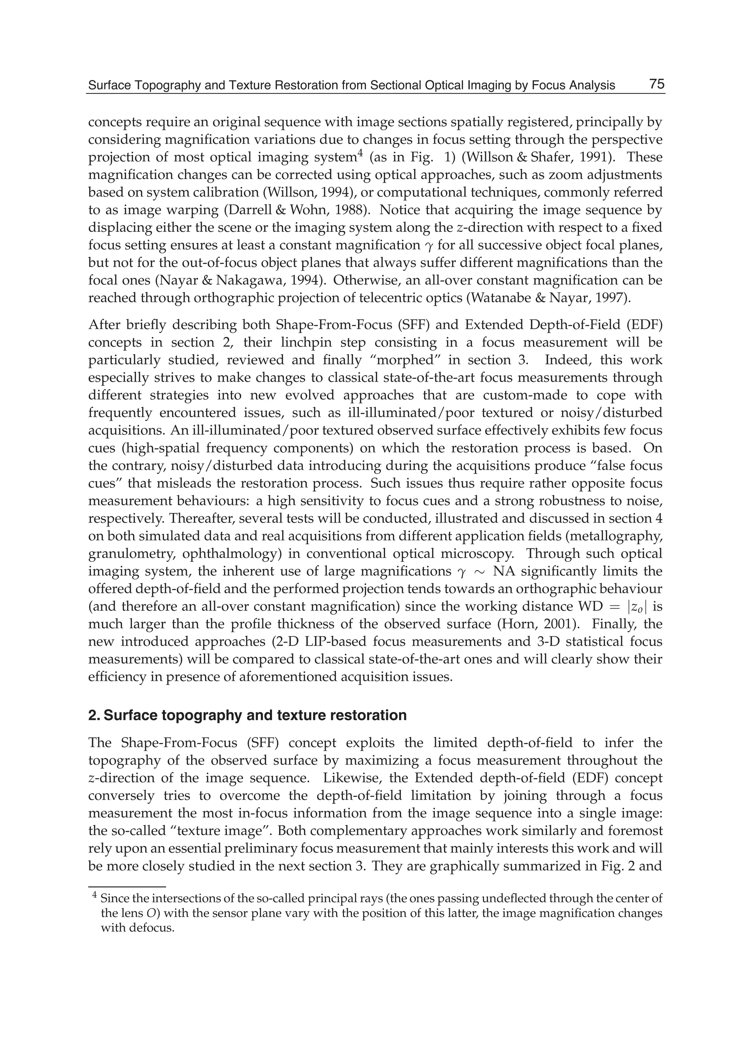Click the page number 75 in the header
point(656,84)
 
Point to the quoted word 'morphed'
point(430,360)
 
